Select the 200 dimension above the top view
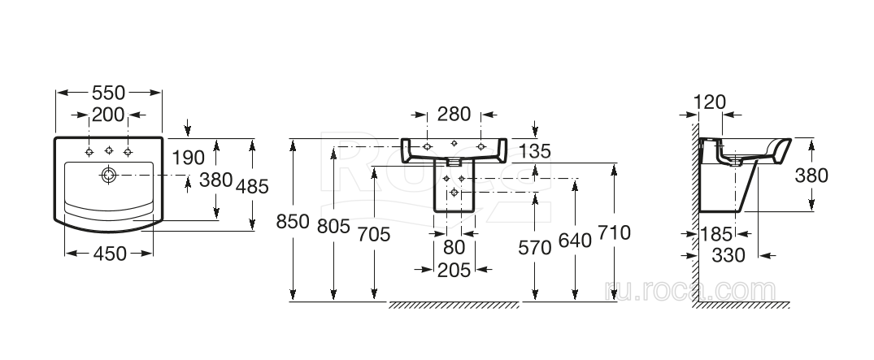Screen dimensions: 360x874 109,115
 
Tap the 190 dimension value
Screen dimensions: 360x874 187,156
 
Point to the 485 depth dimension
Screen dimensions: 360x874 253,187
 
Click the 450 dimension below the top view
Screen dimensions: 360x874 110,254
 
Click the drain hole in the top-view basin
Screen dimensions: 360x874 107,174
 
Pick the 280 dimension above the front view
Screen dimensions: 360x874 454,113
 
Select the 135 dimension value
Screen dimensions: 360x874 535,150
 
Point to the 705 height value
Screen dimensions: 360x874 374,234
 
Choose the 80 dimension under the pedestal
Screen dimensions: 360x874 454,245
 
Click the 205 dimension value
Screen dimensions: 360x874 454,270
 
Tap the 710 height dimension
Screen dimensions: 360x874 614,234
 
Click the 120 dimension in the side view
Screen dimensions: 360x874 709,102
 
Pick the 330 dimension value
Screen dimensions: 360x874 729,255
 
